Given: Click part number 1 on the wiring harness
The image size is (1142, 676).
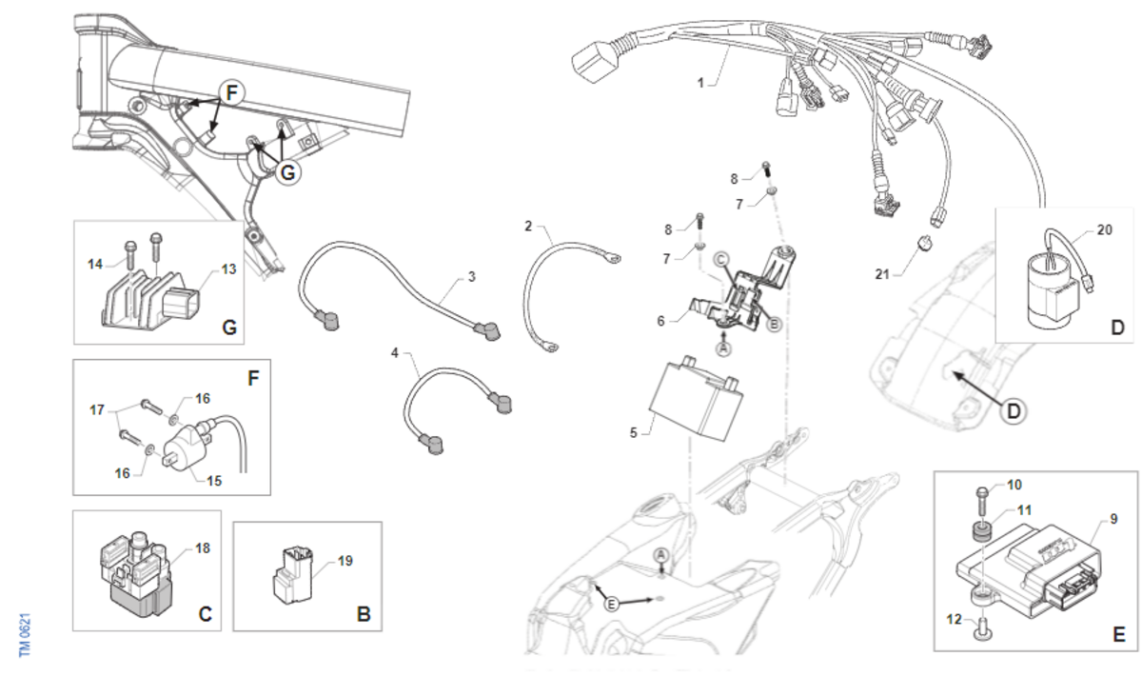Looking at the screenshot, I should pos(700,84).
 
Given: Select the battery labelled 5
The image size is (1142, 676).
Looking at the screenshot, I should pos(693,400).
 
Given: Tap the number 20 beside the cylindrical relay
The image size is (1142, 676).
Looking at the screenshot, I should pos(1103,230).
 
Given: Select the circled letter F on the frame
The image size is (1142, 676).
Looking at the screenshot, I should pos(232,93).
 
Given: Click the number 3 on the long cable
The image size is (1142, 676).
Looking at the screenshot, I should pos(471,277).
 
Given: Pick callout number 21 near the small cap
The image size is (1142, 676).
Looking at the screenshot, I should pos(882,274).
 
